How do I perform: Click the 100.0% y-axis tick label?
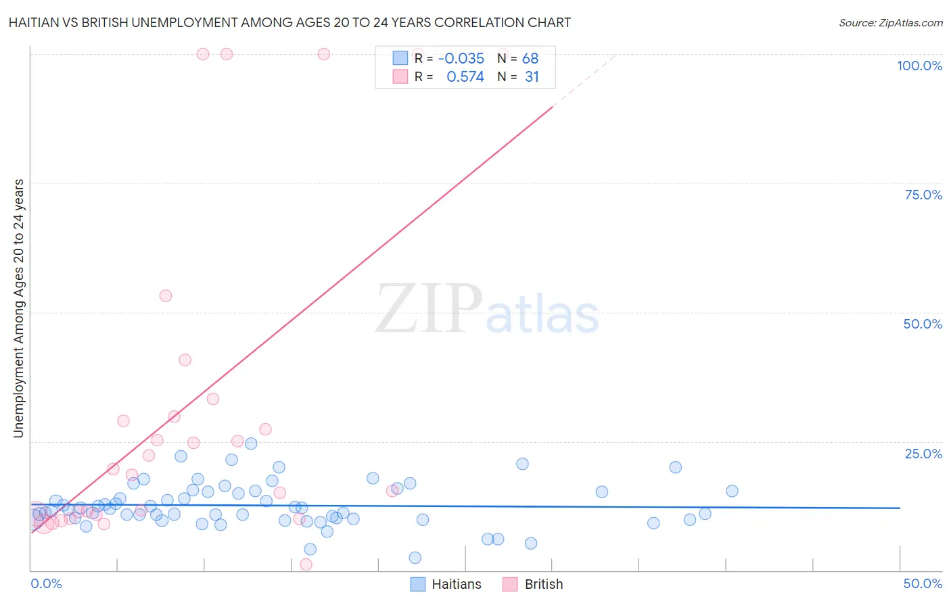[919, 66]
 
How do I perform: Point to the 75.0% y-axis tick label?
[923, 195]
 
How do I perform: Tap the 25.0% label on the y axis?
[923, 454]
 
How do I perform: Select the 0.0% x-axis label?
[46, 583]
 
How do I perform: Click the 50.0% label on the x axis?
[923, 583]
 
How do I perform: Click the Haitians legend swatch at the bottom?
[418, 584]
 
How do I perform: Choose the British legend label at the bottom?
[543, 584]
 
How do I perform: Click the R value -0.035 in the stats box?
[461, 59]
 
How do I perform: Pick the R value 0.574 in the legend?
[465, 77]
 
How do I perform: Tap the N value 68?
[530, 59]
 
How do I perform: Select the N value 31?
[532, 77]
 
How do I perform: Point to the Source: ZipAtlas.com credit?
[890, 23]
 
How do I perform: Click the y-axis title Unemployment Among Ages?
[18, 308]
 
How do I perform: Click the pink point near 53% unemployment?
[166, 295]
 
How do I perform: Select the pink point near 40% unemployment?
[185, 360]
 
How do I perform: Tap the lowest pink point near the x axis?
[306, 564]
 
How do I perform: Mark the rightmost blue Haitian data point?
[732, 491]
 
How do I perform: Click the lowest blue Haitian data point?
[415, 558]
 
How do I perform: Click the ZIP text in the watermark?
[428, 310]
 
